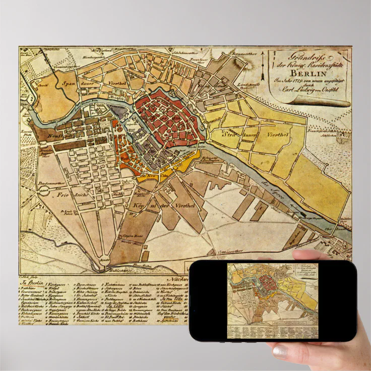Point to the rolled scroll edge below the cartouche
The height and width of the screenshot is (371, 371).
pos(323,102)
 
